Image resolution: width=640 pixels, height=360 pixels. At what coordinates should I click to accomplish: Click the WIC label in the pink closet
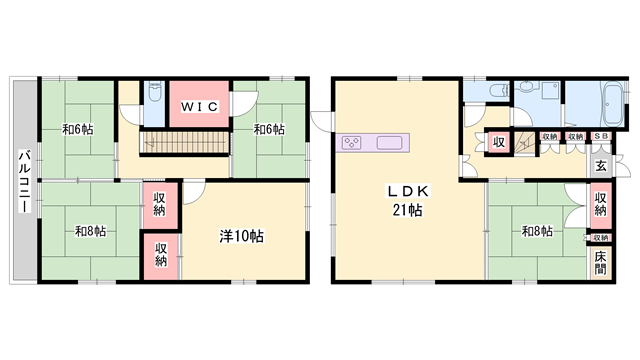[199, 104]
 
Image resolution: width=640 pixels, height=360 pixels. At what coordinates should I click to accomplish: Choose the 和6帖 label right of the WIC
[267, 129]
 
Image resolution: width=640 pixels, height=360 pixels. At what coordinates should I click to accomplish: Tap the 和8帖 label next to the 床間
[537, 232]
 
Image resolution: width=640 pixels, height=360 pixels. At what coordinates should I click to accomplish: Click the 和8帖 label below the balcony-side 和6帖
[90, 232]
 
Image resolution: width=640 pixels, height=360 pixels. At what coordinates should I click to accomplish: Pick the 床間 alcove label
[600, 265]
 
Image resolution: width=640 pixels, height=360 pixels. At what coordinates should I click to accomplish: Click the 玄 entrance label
[600, 166]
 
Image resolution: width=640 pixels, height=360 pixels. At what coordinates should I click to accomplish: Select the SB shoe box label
[600, 136]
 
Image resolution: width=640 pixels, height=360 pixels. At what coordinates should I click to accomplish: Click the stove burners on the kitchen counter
[353, 142]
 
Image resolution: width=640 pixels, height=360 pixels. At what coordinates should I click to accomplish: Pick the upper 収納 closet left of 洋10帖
[160, 205]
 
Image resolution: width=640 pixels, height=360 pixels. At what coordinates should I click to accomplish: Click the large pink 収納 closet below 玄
[600, 204]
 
